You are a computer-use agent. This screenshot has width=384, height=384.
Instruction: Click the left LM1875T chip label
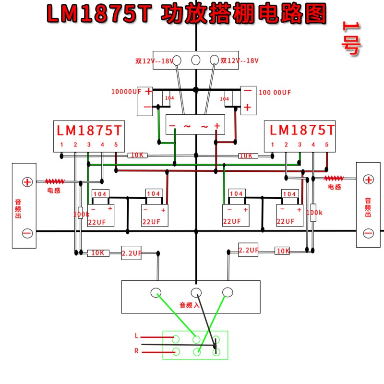89,130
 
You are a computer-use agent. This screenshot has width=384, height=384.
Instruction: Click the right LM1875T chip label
302,130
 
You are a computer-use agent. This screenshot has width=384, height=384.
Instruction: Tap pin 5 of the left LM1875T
116,144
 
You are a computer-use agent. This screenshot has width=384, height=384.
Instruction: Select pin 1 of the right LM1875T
273,144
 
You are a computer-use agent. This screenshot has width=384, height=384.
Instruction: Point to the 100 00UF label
275,92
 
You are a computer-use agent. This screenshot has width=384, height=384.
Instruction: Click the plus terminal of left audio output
27,182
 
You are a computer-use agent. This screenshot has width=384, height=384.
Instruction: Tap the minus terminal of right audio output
368,233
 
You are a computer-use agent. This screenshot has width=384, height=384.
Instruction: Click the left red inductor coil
55,181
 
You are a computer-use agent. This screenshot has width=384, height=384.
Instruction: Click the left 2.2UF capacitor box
131,253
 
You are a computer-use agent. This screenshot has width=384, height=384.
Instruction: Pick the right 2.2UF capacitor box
248,250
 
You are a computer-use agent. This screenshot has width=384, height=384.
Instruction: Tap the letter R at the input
136,351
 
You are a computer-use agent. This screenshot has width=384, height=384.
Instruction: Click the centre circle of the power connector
196,60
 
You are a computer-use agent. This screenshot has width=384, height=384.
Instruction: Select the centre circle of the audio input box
196,292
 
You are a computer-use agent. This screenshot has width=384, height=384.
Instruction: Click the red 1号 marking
351,38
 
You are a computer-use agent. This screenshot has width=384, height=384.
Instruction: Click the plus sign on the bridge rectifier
217,126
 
